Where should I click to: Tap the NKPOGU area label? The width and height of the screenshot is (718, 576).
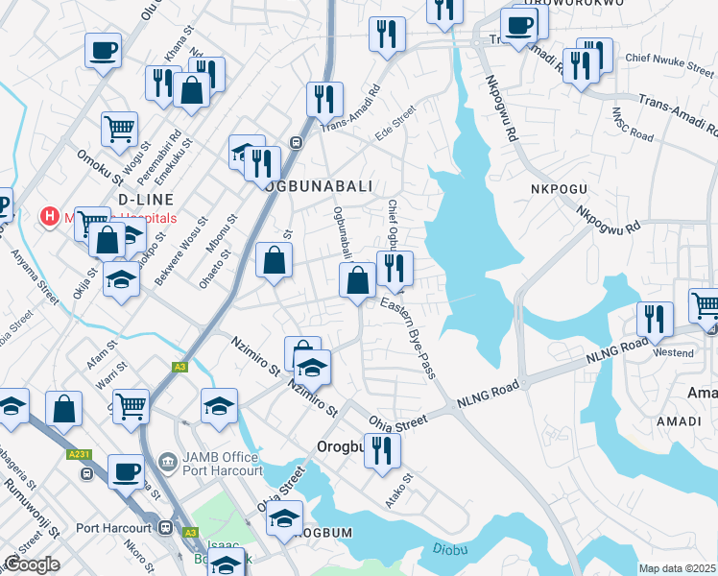(557, 189)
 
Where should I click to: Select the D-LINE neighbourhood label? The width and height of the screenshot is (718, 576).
(145, 199)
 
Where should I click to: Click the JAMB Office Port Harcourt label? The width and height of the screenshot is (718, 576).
(221, 464)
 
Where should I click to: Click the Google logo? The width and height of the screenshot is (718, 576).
(31, 564)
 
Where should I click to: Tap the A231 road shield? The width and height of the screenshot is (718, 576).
(80, 454)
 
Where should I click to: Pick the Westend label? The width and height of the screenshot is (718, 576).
(673, 352)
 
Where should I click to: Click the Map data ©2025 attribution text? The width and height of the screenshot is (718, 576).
(677, 568)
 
